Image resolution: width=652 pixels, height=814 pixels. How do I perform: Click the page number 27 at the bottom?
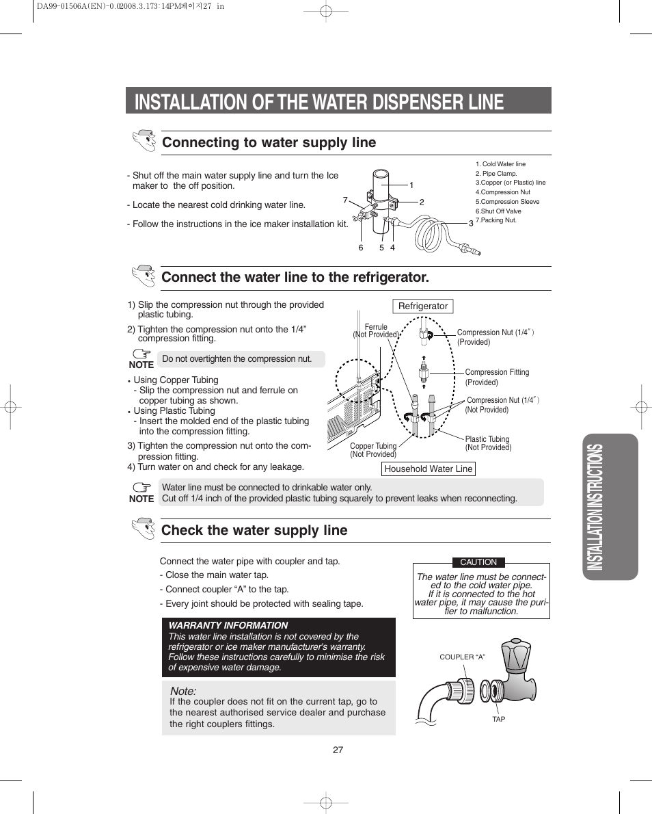click(338, 750)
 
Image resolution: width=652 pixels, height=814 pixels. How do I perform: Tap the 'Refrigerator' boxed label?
click(423, 306)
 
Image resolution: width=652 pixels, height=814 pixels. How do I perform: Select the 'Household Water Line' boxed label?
click(428, 469)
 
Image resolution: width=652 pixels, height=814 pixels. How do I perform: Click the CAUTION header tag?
click(478, 562)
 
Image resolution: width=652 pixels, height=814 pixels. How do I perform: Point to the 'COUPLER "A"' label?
click(462, 657)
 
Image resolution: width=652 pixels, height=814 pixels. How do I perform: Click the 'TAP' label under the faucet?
click(499, 719)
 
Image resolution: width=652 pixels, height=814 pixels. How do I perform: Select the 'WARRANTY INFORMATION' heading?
click(228, 625)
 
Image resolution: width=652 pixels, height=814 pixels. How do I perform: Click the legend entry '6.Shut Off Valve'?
click(498, 211)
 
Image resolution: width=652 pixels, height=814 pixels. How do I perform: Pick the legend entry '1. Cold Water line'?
click(500, 164)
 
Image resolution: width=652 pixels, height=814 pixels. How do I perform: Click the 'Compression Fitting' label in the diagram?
click(497, 372)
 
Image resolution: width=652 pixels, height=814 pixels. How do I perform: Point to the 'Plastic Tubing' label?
click(487, 439)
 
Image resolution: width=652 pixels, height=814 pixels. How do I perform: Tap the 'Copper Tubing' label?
click(373, 446)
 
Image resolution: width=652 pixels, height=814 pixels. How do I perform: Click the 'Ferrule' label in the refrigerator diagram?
click(376, 327)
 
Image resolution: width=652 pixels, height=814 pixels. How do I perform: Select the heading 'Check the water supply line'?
click(254, 530)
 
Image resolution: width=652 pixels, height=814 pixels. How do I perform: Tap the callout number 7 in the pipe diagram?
click(345, 200)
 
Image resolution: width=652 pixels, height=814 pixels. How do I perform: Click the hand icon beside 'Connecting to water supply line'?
click(144, 141)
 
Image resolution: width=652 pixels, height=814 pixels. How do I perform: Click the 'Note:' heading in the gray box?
click(182, 692)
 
